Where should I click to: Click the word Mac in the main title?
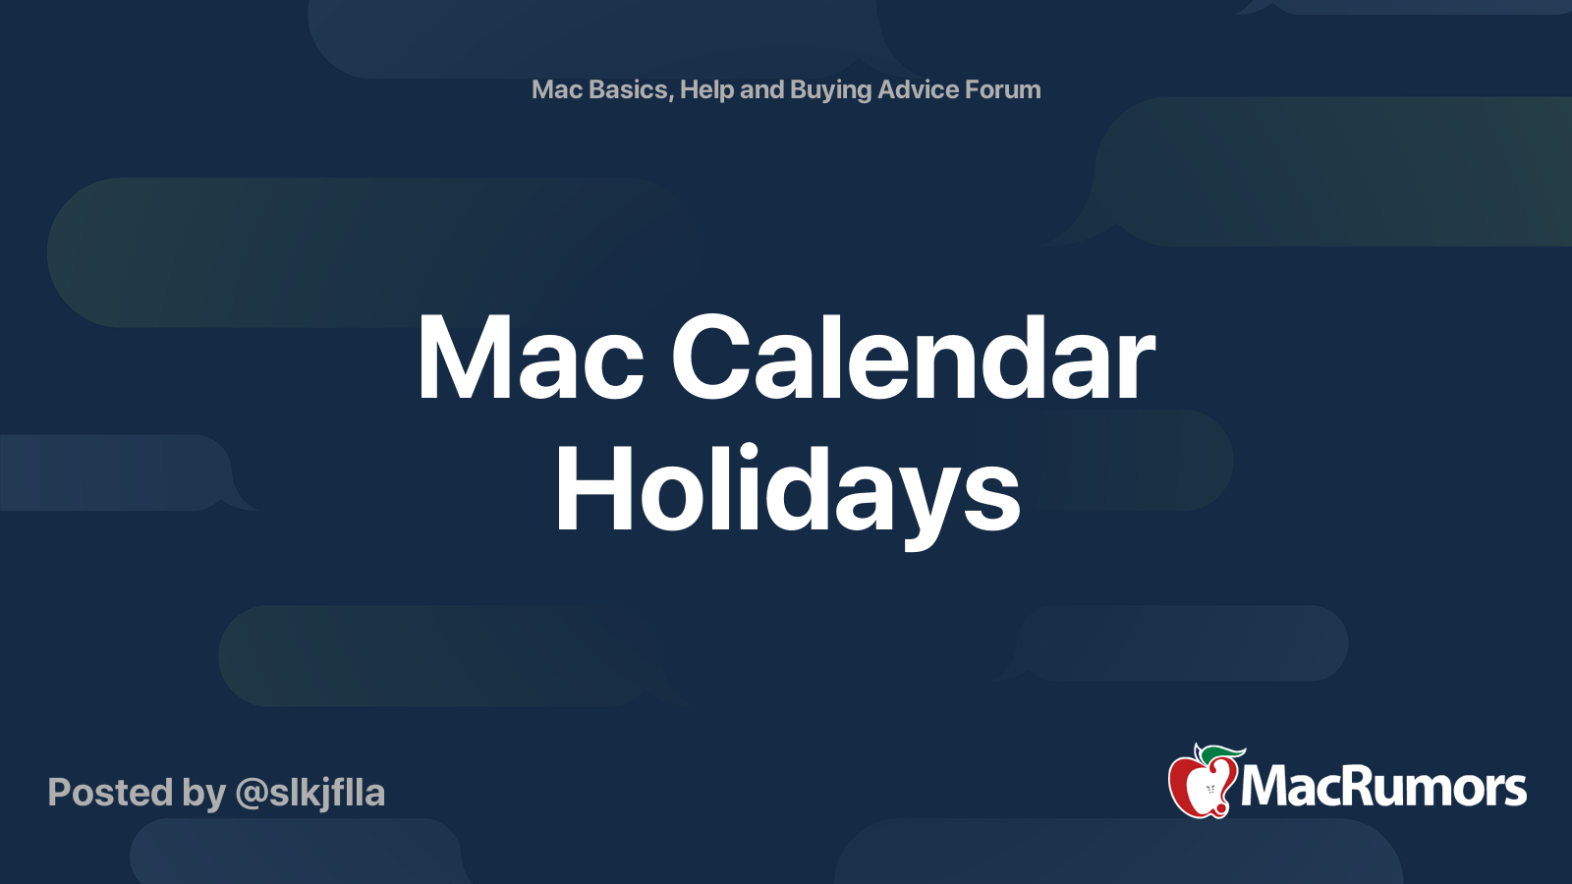[531, 358]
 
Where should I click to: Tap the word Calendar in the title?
[913, 355]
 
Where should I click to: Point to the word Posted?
[110, 793]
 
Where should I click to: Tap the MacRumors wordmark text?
[1382, 787]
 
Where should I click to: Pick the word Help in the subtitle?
[706, 89]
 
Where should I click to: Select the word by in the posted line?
[204, 795]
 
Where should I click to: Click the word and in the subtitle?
[762, 89]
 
